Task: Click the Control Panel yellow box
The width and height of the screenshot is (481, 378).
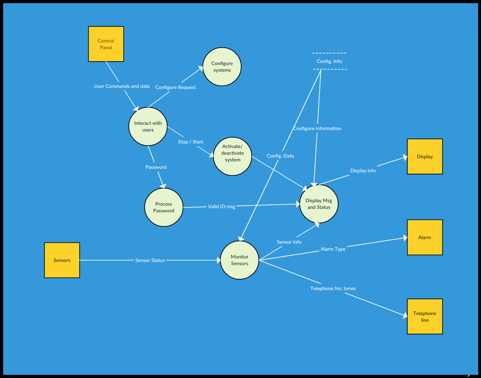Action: [106, 44]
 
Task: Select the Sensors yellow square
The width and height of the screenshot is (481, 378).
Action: [62, 260]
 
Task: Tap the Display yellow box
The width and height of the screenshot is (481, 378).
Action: [424, 156]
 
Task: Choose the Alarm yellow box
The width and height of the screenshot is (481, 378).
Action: [424, 237]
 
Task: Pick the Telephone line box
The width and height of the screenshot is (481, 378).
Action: [424, 316]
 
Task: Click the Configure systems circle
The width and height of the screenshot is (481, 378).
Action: [222, 66]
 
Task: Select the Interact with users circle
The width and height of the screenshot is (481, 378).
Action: [148, 126]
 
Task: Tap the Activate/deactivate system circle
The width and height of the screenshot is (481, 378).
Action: [232, 156]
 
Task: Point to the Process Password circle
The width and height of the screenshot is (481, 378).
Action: [164, 207]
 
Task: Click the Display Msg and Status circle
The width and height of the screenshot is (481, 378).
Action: [319, 204]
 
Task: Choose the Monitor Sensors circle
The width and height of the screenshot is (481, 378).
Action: [239, 260]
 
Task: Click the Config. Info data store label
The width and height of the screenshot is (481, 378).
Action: [329, 61]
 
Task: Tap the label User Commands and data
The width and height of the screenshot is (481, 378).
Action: [122, 86]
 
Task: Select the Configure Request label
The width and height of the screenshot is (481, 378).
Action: [176, 87]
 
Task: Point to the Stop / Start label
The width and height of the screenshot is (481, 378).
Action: [190, 142]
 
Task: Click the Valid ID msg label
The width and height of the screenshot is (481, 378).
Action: [222, 206]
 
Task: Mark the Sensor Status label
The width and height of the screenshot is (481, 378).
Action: [150, 260]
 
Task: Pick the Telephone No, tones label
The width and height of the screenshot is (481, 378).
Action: [333, 288]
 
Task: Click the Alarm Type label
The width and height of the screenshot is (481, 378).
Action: [333, 249]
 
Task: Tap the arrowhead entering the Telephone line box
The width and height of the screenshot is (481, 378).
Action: [405, 316]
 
